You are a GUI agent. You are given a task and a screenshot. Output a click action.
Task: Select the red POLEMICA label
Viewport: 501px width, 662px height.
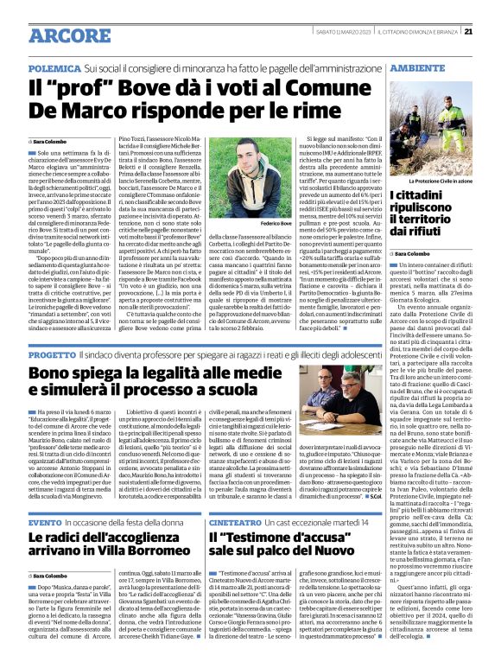click(x=54, y=66)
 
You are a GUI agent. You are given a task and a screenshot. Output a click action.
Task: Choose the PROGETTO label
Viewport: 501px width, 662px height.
click(x=52, y=355)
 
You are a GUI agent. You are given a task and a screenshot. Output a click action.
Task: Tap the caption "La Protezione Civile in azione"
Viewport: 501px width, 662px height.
click(x=441, y=181)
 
